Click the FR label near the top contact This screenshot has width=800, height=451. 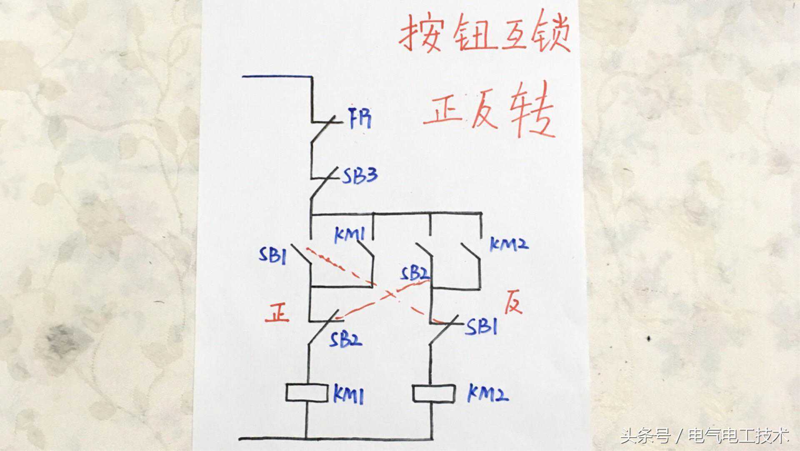click(x=359, y=118)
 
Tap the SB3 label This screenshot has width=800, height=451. click(x=360, y=176)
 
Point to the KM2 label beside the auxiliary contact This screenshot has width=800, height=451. click(x=509, y=244)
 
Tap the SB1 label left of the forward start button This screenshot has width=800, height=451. click(x=272, y=255)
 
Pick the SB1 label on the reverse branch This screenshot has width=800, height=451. click(x=482, y=327)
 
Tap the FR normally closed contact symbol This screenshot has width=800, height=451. click(x=323, y=123)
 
